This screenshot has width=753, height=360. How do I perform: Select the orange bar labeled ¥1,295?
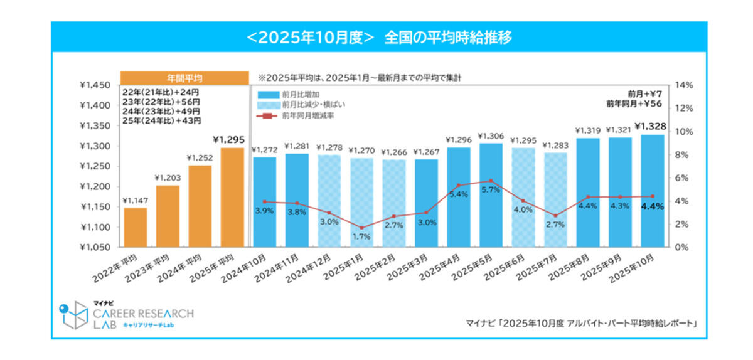232,197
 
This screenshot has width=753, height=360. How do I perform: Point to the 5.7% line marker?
490,181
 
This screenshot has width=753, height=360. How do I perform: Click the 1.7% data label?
361,237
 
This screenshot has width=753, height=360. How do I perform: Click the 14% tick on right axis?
683,85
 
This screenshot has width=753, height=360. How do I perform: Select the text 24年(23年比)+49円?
161,111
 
